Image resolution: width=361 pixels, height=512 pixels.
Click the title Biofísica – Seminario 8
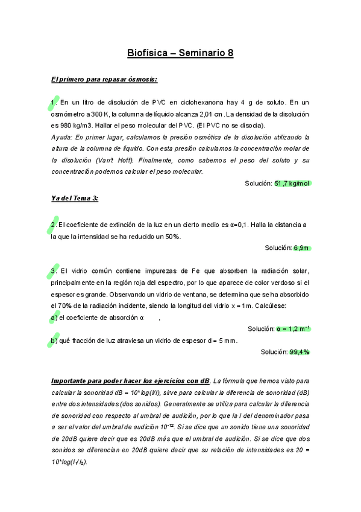point(180,53)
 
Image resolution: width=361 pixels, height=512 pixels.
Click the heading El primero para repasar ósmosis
point(104,79)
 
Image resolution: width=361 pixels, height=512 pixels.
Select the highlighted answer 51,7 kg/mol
point(292,184)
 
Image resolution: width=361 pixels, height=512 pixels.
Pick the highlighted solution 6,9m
point(301,248)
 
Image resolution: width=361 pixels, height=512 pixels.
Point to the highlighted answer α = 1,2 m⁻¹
point(293,329)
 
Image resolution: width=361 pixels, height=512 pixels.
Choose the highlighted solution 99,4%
point(300,352)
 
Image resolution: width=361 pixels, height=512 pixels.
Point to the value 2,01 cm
point(211,114)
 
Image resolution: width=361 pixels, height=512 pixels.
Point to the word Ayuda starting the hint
point(62,137)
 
